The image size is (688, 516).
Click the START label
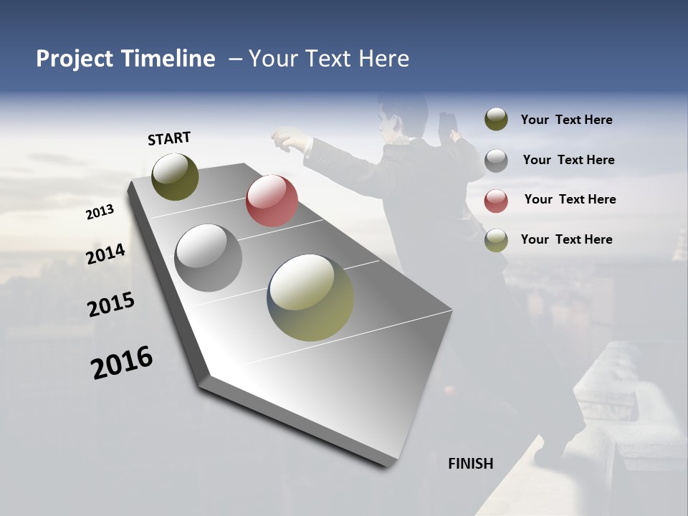tap(169, 138)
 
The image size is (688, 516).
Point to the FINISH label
tap(471, 464)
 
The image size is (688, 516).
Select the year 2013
tap(100, 212)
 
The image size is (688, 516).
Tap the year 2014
tap(105, 254)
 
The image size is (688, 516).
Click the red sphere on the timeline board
tap(272, 201)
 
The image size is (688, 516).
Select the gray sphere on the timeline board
tap(208, 258)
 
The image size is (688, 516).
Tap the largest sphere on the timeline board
tap(310, 297)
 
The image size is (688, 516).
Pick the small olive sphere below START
tap(176, 176)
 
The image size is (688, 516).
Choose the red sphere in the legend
tap(496, 200)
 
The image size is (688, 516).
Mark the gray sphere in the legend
tap(496, 161)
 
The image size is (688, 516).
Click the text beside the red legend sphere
tap(570, 199)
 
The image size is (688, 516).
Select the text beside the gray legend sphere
tap(568, 160)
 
